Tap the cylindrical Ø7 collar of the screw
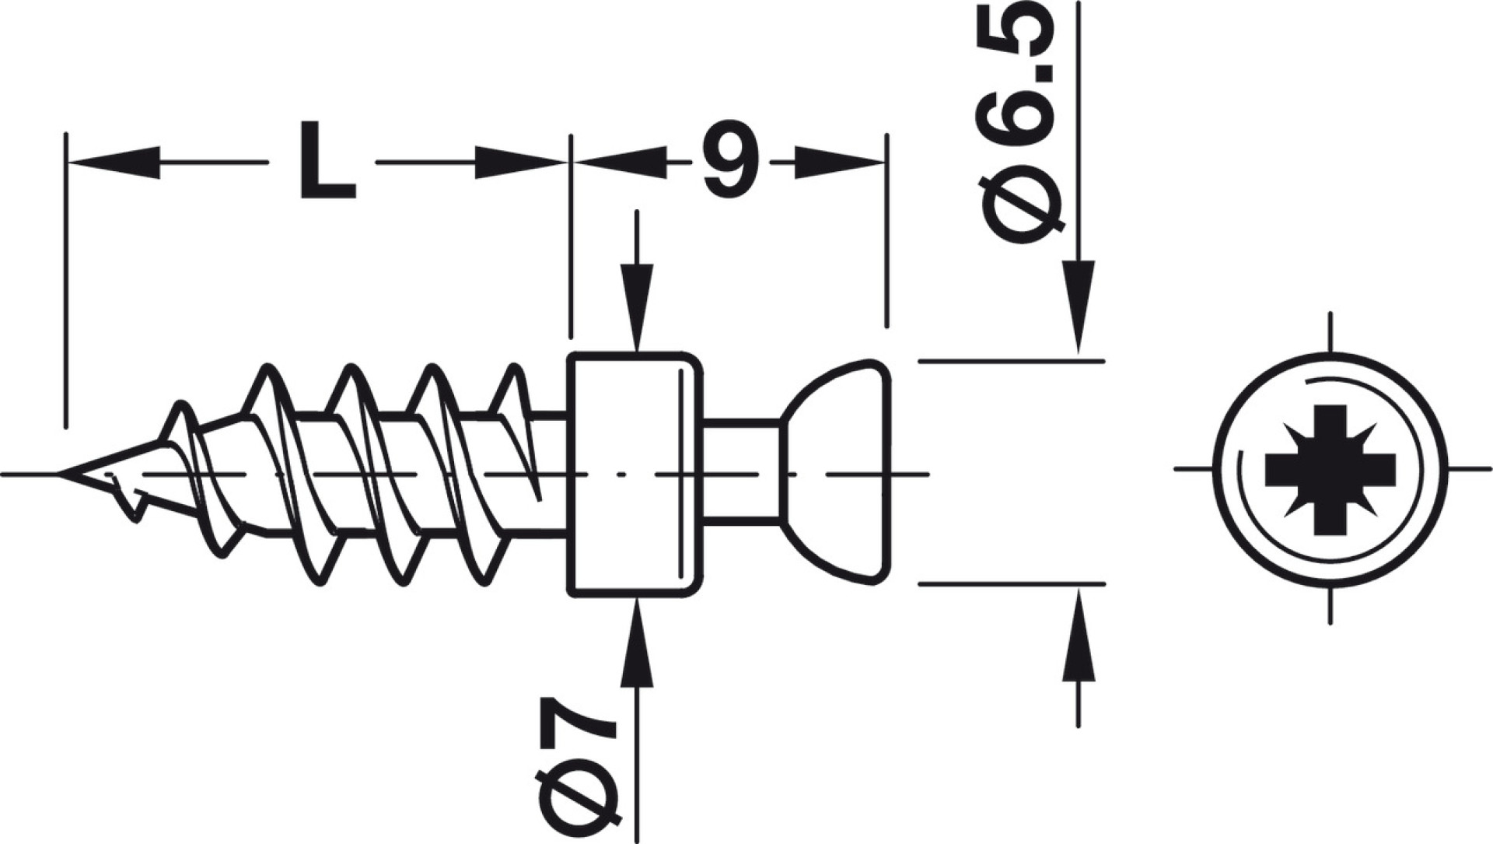click(x=635, y=475)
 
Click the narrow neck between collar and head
click(x=742, y=471)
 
